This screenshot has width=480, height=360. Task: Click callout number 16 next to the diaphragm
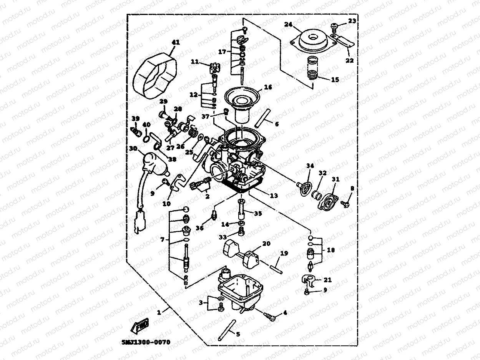click(268, 87)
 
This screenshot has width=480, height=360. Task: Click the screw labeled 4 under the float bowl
click(271, 316)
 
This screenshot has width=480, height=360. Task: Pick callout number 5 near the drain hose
click(238, 334)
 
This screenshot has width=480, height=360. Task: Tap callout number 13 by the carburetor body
click(274, 196)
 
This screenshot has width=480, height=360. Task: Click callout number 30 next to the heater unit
click(133, 148)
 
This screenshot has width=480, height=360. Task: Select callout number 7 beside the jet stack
click(162, 240)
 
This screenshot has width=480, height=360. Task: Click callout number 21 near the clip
click(327, 280)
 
